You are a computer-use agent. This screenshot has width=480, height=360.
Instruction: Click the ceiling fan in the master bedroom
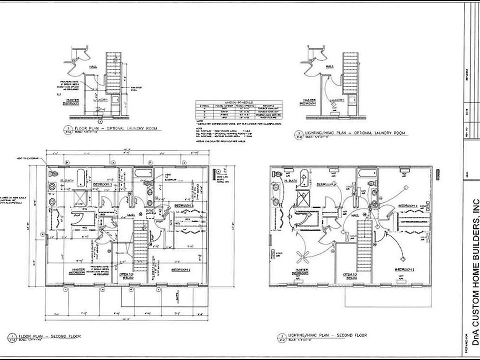pos(302,257)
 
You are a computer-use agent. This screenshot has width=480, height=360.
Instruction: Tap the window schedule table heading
pos(239,101)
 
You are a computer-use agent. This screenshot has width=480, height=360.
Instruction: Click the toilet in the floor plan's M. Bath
pos(51,171)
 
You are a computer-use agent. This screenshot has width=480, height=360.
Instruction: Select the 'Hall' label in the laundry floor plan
pos(93,65)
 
